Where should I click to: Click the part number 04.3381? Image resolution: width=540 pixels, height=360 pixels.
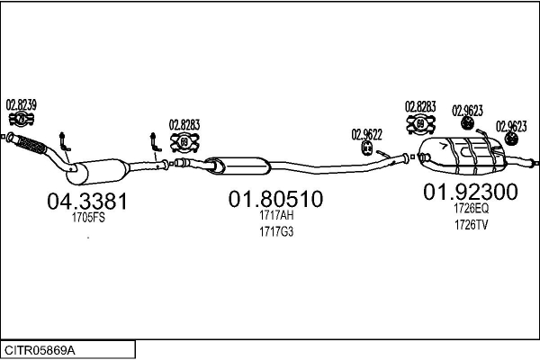click(86, 202)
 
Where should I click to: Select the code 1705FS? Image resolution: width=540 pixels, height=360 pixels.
click(86, 217)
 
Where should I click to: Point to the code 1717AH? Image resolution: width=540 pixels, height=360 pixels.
click(274, 216)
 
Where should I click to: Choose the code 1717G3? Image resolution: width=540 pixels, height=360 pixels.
click(274, 231)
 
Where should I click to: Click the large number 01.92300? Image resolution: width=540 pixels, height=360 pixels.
click(471, 192)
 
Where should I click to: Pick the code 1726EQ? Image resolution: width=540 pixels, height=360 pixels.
click(471, 208)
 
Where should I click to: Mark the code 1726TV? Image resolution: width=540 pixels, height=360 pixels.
click(471, 224)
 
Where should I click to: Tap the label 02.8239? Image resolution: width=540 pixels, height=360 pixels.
click(22, 103)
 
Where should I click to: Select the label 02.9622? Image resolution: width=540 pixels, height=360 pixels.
click(366, 134)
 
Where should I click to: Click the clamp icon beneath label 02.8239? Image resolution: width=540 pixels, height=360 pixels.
click(21, 118)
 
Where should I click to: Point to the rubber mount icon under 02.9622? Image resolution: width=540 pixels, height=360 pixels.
click(366, 148)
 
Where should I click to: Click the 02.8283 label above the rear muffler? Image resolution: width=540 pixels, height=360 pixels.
click(420, 106)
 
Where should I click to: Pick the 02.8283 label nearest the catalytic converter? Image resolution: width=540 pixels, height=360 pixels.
click(184, 125)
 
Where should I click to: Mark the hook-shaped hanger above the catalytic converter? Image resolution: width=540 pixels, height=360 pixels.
click(62, 140)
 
